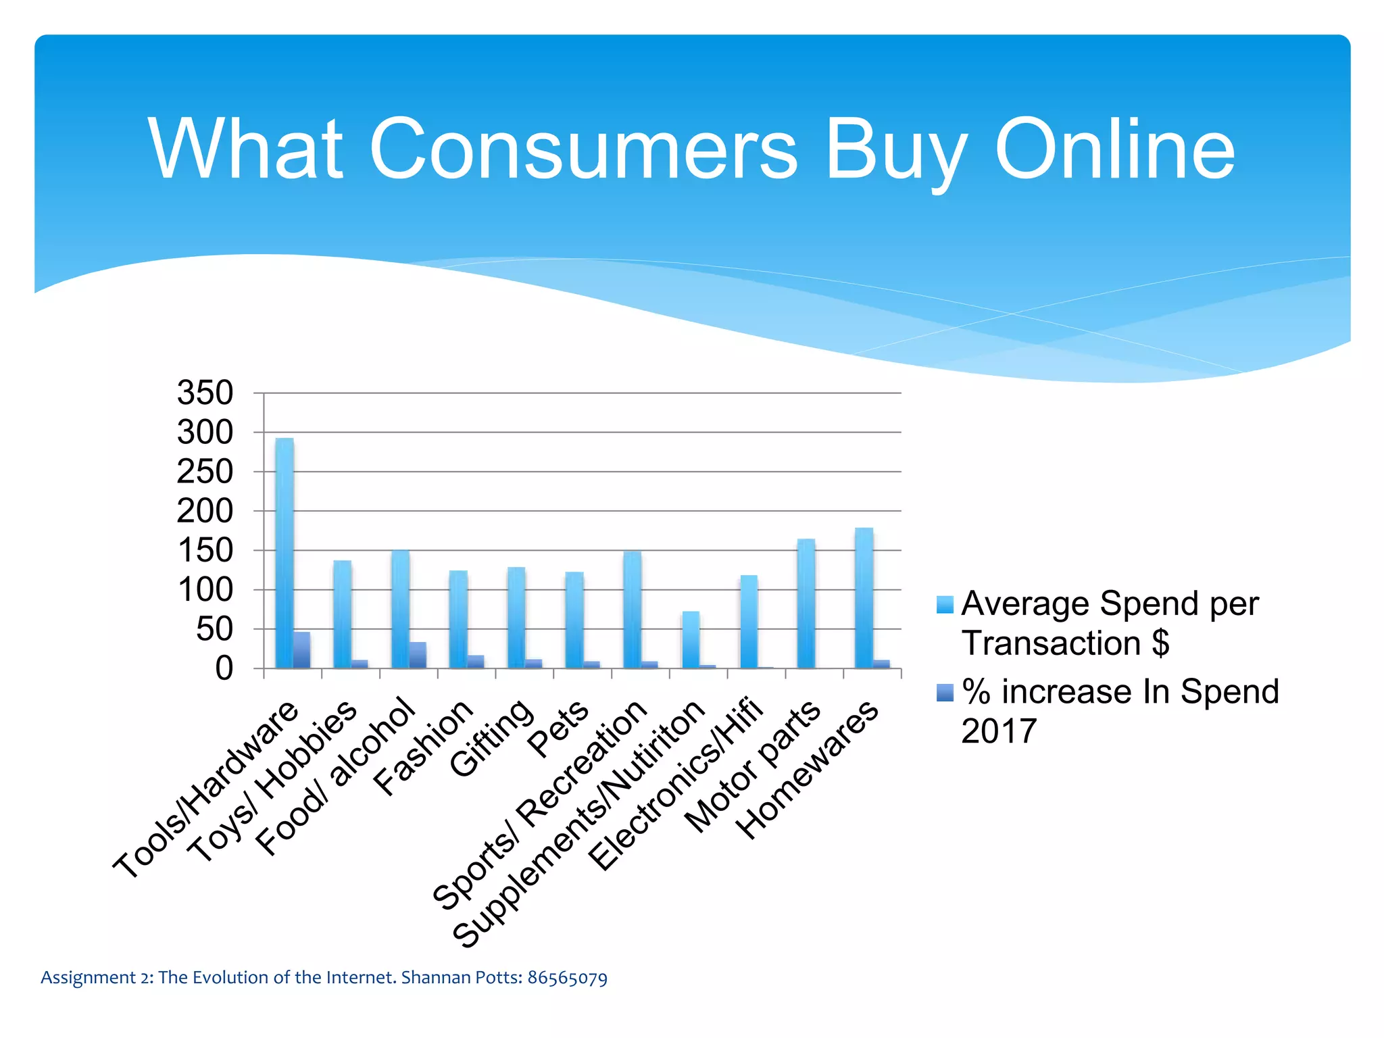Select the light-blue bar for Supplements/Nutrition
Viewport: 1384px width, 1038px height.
[691, 640]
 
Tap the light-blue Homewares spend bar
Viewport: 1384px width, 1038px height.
[864, 598]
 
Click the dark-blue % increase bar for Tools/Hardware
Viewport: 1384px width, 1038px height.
[302, 650]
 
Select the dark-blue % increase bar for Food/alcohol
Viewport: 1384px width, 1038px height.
[418, 655]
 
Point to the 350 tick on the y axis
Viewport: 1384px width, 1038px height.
[205, 393]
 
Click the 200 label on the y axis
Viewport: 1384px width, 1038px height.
[205, 512]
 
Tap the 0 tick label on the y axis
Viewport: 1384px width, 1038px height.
[224, 669]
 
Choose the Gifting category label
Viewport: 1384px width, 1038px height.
[492, 738]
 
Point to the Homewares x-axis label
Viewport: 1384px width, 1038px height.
[807, 770]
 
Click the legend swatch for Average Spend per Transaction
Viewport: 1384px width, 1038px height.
[945, 605]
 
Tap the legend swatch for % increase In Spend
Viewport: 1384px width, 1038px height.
[945, 693]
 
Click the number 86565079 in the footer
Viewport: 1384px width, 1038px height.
[567, 978]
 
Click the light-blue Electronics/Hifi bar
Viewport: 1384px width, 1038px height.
[749, 622]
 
